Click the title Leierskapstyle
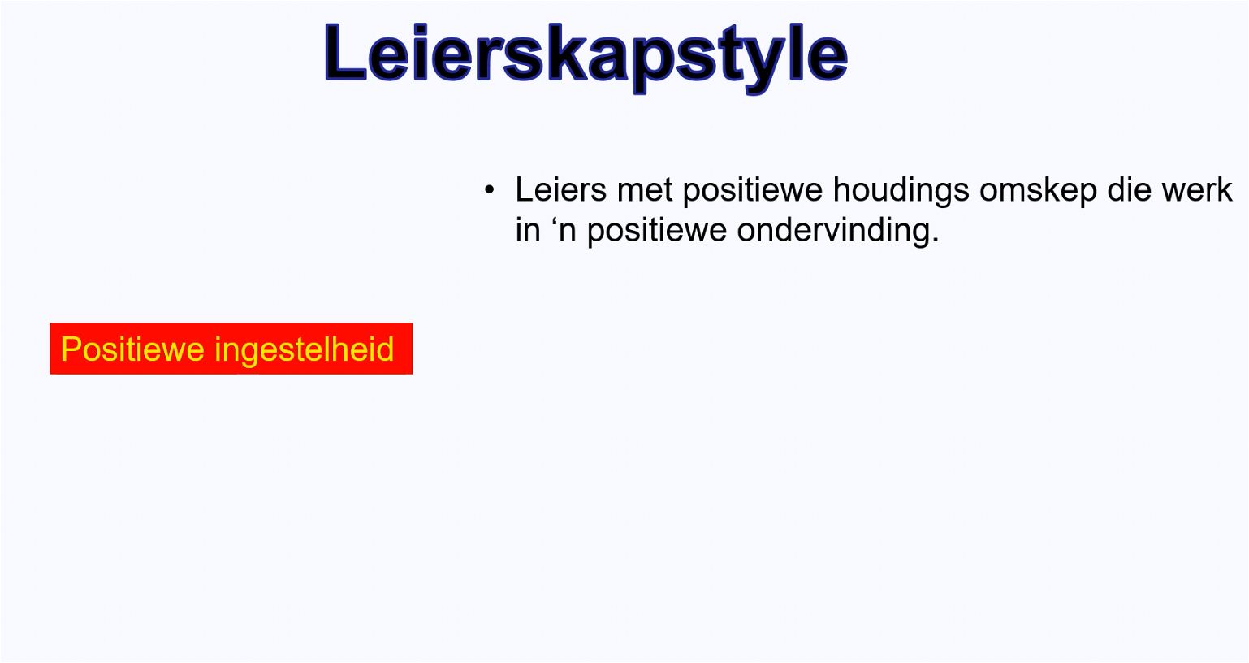click(586, 56)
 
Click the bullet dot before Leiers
click(489, 190)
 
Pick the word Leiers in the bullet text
click(560, 189)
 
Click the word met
click(644, 190)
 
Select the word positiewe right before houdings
click(752, 191)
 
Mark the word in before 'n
click(528, 229)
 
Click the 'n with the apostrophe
click(564, 229)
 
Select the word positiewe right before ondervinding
click(657, 231)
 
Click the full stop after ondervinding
click(935, 240)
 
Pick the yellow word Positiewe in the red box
click(132, 349)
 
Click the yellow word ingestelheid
click(304, 350)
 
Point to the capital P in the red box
click(71, 349)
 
